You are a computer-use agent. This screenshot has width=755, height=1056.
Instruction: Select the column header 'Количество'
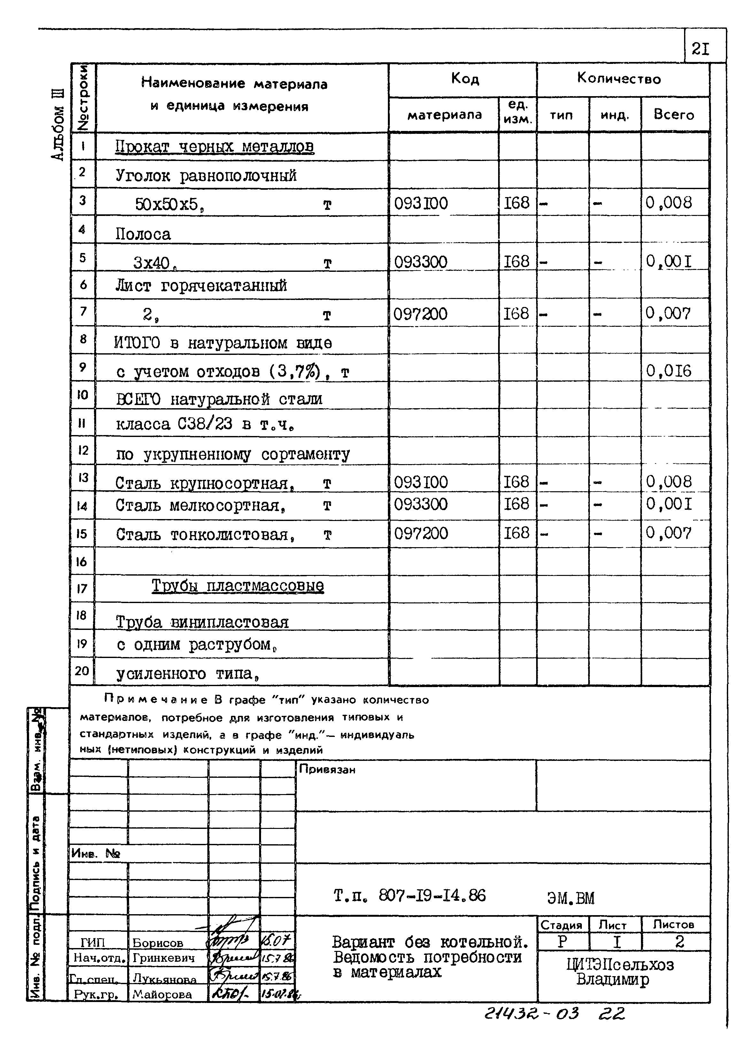pyautogui.click(x=619, y=79)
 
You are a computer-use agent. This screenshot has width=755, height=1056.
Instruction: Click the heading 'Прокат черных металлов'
pyautogui.click(x=214, y=147)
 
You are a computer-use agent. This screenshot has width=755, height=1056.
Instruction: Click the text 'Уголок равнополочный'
pyautogui.click(x=206, y=176)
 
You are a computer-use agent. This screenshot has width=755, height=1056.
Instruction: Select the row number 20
pyautogui.click(x=82, y=671)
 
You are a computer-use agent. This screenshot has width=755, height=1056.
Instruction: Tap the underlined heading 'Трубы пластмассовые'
pyautogui.click(x=238, y=585)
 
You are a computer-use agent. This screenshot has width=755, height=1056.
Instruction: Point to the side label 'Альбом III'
pyautogui.click(x=58, y=126)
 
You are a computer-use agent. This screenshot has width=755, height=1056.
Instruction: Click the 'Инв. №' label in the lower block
pyautogui.click(x=96, y=853)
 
